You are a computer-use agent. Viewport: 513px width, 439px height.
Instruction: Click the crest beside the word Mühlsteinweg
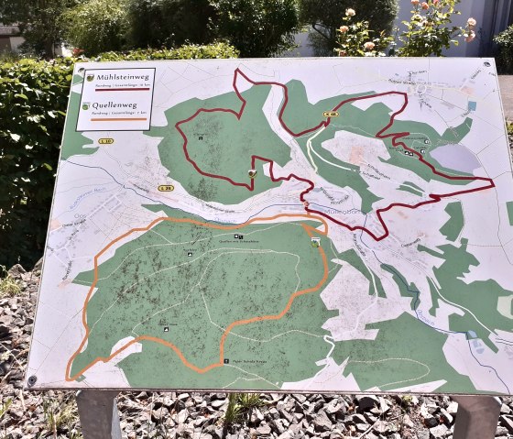point(89,78)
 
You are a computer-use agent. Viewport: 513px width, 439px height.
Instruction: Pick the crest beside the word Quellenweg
point(85,107)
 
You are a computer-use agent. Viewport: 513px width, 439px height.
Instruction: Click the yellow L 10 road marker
point(106,141)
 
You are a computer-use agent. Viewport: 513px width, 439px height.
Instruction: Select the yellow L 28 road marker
point(165,188)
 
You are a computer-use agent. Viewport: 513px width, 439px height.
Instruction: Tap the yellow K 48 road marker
point(330,115)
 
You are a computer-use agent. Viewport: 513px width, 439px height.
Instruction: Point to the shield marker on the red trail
point(252,172)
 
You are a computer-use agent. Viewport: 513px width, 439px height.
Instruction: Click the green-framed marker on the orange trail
point(315,242)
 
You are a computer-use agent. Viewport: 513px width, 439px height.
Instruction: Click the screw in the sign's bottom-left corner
point(33,379)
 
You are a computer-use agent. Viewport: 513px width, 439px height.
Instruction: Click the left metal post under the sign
point(99,414)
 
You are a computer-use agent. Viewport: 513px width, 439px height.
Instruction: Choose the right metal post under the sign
point(476,417)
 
